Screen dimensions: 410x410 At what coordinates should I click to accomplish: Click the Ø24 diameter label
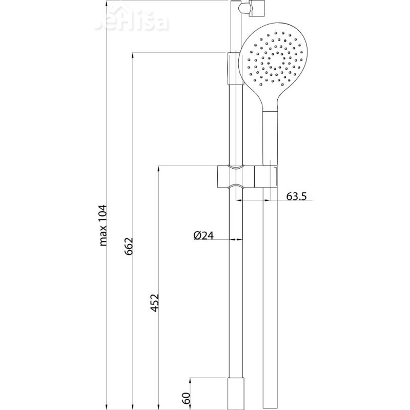[x=203, y=235]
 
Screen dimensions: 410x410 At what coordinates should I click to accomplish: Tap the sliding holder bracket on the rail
[x=236, y=177]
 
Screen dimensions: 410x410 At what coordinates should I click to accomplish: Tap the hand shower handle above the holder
[x=270, y=138]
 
